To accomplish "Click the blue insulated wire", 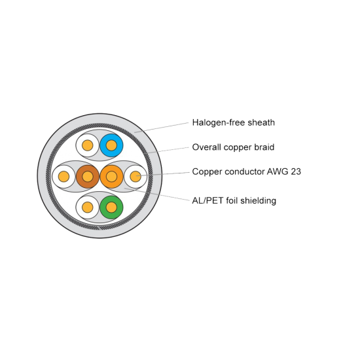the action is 111,145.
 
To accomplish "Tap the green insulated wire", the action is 111,207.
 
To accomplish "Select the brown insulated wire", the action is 88,176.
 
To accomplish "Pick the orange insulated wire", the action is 111,176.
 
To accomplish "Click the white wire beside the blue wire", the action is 88,145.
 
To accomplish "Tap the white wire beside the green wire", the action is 88,207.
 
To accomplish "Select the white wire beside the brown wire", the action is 63,176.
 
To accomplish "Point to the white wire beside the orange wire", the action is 135,176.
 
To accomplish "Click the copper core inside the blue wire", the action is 111,145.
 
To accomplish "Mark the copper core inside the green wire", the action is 111,207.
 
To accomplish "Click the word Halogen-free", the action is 219,123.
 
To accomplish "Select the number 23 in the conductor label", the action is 295,171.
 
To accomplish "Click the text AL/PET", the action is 207,201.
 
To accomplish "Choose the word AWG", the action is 278,171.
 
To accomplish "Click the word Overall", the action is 207,147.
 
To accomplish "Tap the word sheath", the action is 261,122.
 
